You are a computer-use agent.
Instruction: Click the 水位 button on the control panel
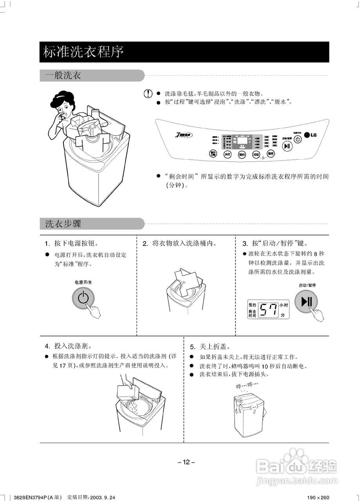coord(228,154)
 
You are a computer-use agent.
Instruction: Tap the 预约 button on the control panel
coord(242,155)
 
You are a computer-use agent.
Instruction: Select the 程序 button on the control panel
coord(270,154)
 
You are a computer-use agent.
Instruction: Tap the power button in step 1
coord(83,298)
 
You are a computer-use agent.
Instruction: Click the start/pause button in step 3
coord(306,302)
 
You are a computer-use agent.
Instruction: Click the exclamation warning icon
coord(148,94)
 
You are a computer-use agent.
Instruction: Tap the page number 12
coord(186,462)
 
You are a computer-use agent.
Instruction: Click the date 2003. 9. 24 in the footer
coord(102,497)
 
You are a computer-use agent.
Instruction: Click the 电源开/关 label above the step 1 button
coord(83,282)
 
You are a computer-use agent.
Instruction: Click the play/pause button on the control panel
coord(288,146)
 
